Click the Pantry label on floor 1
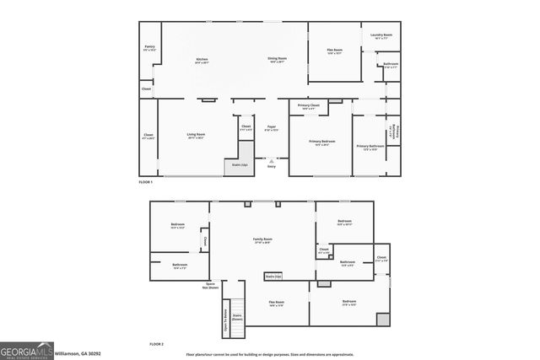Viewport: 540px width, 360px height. (x=149, y=47)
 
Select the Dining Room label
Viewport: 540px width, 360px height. (x=278, y=59)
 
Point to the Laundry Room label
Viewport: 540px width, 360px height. (x=379, y=36)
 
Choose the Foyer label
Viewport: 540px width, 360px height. (x=271, y=128)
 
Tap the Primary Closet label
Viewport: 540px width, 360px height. (x=309, y=106)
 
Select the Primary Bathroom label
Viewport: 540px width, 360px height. (x=370, y=147)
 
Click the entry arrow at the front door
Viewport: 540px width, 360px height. (x=272, y=159)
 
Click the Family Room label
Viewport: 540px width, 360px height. (x=262, y=240)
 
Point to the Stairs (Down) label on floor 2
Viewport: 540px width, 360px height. (x=237, y=318)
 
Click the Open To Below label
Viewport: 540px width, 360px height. (x=225, y=317)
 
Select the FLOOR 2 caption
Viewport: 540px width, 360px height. (x=156, y=344)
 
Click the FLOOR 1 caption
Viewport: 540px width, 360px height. (x=146, y=182)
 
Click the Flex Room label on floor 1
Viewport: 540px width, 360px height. (x=335, y=51)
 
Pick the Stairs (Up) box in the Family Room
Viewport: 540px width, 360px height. (x=273, y=275)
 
